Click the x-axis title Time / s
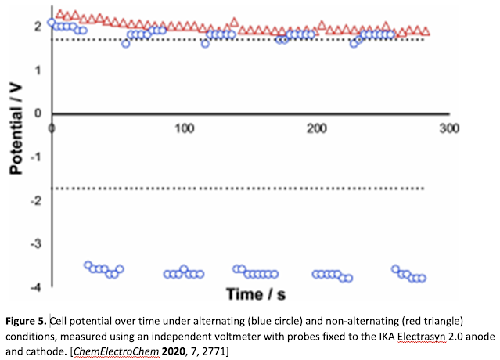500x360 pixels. click(258, 294)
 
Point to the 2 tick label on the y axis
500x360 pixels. click(38, 26)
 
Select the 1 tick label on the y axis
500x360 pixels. click(38, 70)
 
